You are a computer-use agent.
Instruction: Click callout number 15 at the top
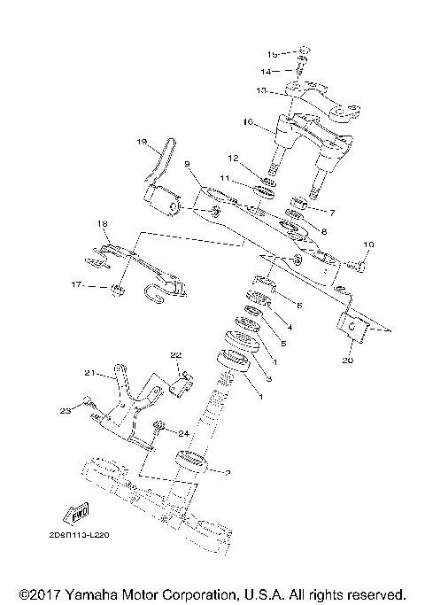[x=274, y=54]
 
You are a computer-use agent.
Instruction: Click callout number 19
[x=141, y=142]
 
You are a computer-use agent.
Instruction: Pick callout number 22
[x=175, y=355]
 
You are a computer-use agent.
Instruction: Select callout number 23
[x=64, y=410]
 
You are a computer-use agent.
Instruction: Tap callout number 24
[x=183, y=433]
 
